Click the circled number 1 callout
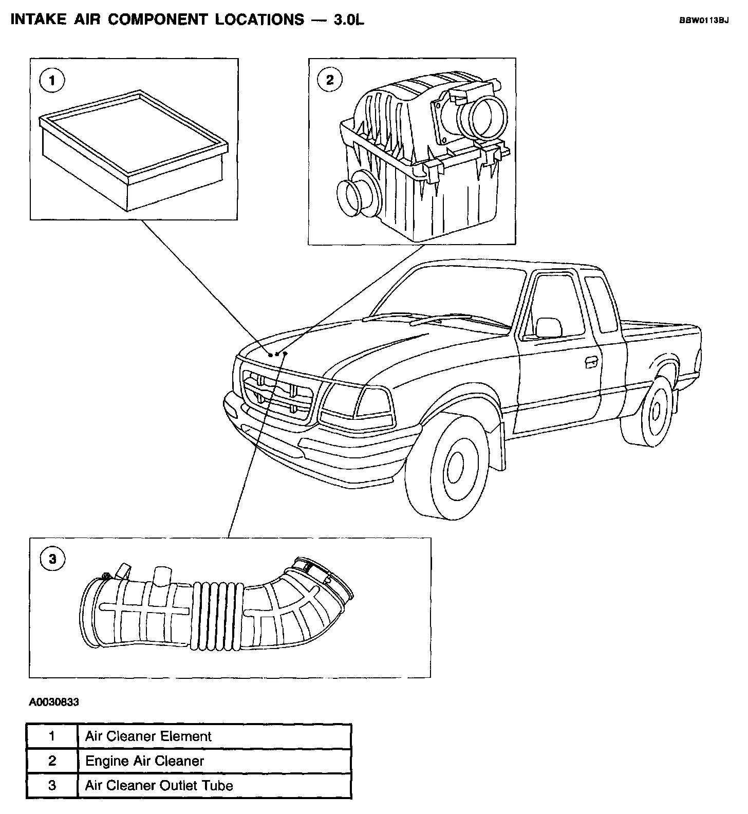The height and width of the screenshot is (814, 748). (52, 81)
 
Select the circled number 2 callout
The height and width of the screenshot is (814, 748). (330, 80)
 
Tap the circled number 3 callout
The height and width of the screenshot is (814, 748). (52, 559)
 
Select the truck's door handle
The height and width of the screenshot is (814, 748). (591, 361)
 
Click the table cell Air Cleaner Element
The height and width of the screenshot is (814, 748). (148, 736)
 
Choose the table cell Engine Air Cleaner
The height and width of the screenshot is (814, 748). (144, 761)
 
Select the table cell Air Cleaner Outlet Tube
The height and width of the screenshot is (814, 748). (159, 786)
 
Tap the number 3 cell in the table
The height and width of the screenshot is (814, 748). (51, 786)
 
